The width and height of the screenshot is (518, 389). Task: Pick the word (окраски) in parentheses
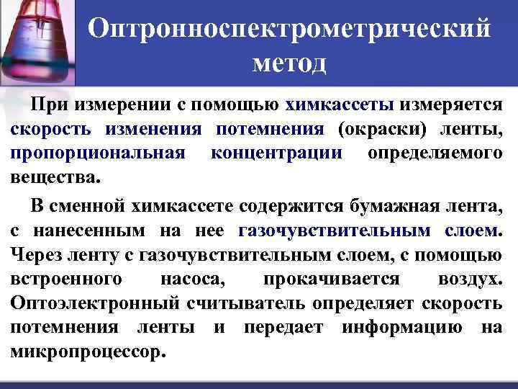click(x=377, y=130)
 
